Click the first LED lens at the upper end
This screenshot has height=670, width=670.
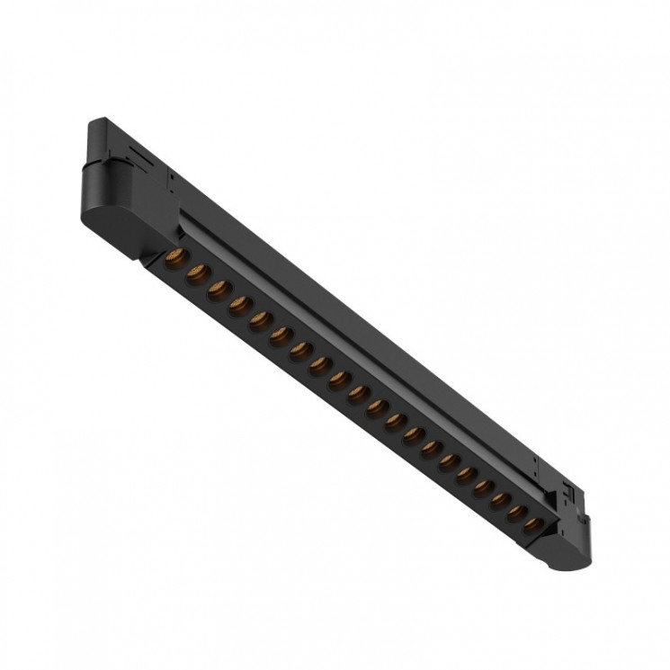point(175,258)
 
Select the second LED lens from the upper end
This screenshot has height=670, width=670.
point(196,273)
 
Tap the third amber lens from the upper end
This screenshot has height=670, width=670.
point(218,290)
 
